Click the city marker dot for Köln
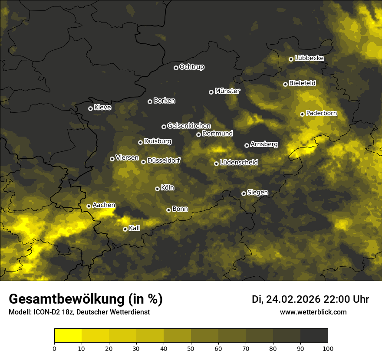coord(157,189)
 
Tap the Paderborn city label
coord(321,114)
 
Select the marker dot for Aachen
coord(89,206)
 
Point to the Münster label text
coord(227,91)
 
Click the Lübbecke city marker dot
coord(291,59)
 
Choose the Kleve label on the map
coord(102,108)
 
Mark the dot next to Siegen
coord(244,193)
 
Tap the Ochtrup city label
coord(191,67)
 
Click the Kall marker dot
coord(125,229)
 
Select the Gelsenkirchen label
coord(189,126)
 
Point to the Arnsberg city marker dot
coord(247,145)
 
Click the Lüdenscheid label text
coord(239,163)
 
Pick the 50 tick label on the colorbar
coord(191,348)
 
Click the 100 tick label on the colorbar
coord(328,348)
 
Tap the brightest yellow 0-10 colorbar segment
coord(68,335)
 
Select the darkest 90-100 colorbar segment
coord(314,335)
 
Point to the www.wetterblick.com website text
coord(313,312)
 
